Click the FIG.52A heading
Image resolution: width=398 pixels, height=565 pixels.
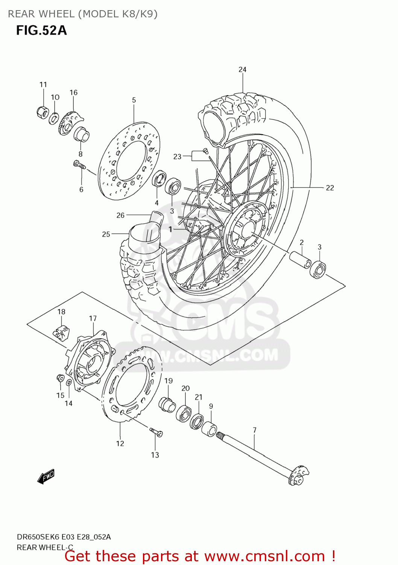pyautogui.click(x=41, y=30)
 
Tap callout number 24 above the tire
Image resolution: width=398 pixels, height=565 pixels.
pyautogui.click(x=243, y=70)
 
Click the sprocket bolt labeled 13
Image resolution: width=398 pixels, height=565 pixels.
pyautogui.click(x=156, y=432)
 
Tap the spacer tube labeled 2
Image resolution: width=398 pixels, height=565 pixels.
pyautogui.click(x=300, y=259)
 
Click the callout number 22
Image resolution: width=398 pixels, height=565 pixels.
pyautogui.click(x=330, y=188)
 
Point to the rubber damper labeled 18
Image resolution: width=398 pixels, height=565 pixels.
pyautogui.click(x=61, y=331)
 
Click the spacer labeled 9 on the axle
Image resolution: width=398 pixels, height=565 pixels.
pyautogui.click(x=209, y=429)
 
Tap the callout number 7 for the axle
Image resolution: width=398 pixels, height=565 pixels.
pyautogui.click(x=255, y=430)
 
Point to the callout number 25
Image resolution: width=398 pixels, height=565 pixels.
pyautogui.click(x=106, y=234)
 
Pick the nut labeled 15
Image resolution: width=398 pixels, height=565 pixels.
pyautogui.click(x=59, y=377)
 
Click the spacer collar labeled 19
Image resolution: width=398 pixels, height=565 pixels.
pyautogui.click(x=167, y=405)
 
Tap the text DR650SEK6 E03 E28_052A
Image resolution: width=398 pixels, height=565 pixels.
pyautogui.click(x=64, y=537)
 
